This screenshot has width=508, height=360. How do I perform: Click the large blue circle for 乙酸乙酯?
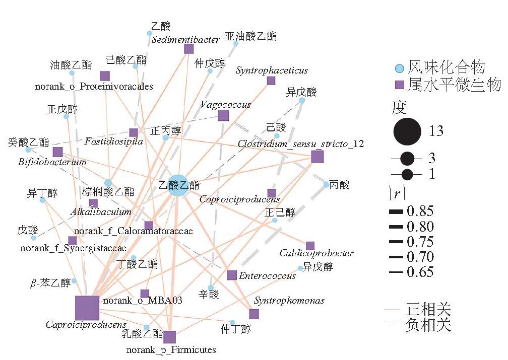[x=178, y=185]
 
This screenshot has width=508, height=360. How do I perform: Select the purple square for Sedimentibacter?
[x=189, y=49]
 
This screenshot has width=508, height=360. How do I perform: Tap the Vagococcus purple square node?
[x=224, y=116]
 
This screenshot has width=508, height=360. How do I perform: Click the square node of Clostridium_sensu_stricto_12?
[x=317, y=157]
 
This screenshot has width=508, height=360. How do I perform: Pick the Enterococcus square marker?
[x=232, y=275]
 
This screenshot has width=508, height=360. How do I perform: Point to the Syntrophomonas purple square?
[x=254, y=314]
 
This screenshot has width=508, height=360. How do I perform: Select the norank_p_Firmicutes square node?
[x=169, y=337]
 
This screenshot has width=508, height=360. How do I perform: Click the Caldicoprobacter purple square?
[x=310, y=246]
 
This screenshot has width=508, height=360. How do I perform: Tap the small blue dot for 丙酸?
[x=326, y=185]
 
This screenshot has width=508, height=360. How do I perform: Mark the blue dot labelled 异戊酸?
[x=301, y=101]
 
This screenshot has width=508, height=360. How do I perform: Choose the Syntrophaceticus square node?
[x=271, y=81]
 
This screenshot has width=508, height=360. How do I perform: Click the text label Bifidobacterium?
[x=52, y=162]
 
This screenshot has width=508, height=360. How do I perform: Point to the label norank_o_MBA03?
[x=143, y=301]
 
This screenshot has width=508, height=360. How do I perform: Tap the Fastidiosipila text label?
[x=114, y=141]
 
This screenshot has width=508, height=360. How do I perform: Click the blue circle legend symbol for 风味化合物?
[x=400, y=68]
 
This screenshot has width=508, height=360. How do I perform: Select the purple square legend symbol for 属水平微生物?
[x=400, y=85]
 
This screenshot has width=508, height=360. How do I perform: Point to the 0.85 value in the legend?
[x=420, y=211]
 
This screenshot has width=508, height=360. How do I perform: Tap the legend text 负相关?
[x=428, y=324]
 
